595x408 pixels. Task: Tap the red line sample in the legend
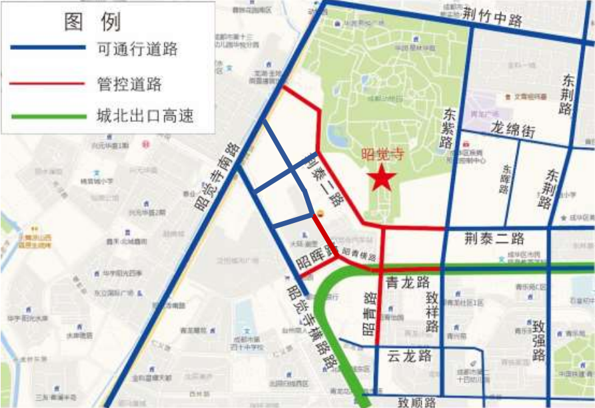[48, 83]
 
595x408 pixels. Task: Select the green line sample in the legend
[48, 116]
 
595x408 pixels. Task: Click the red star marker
[382, 178]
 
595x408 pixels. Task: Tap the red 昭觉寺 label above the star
[382, 154]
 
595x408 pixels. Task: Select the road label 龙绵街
[512, 129]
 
